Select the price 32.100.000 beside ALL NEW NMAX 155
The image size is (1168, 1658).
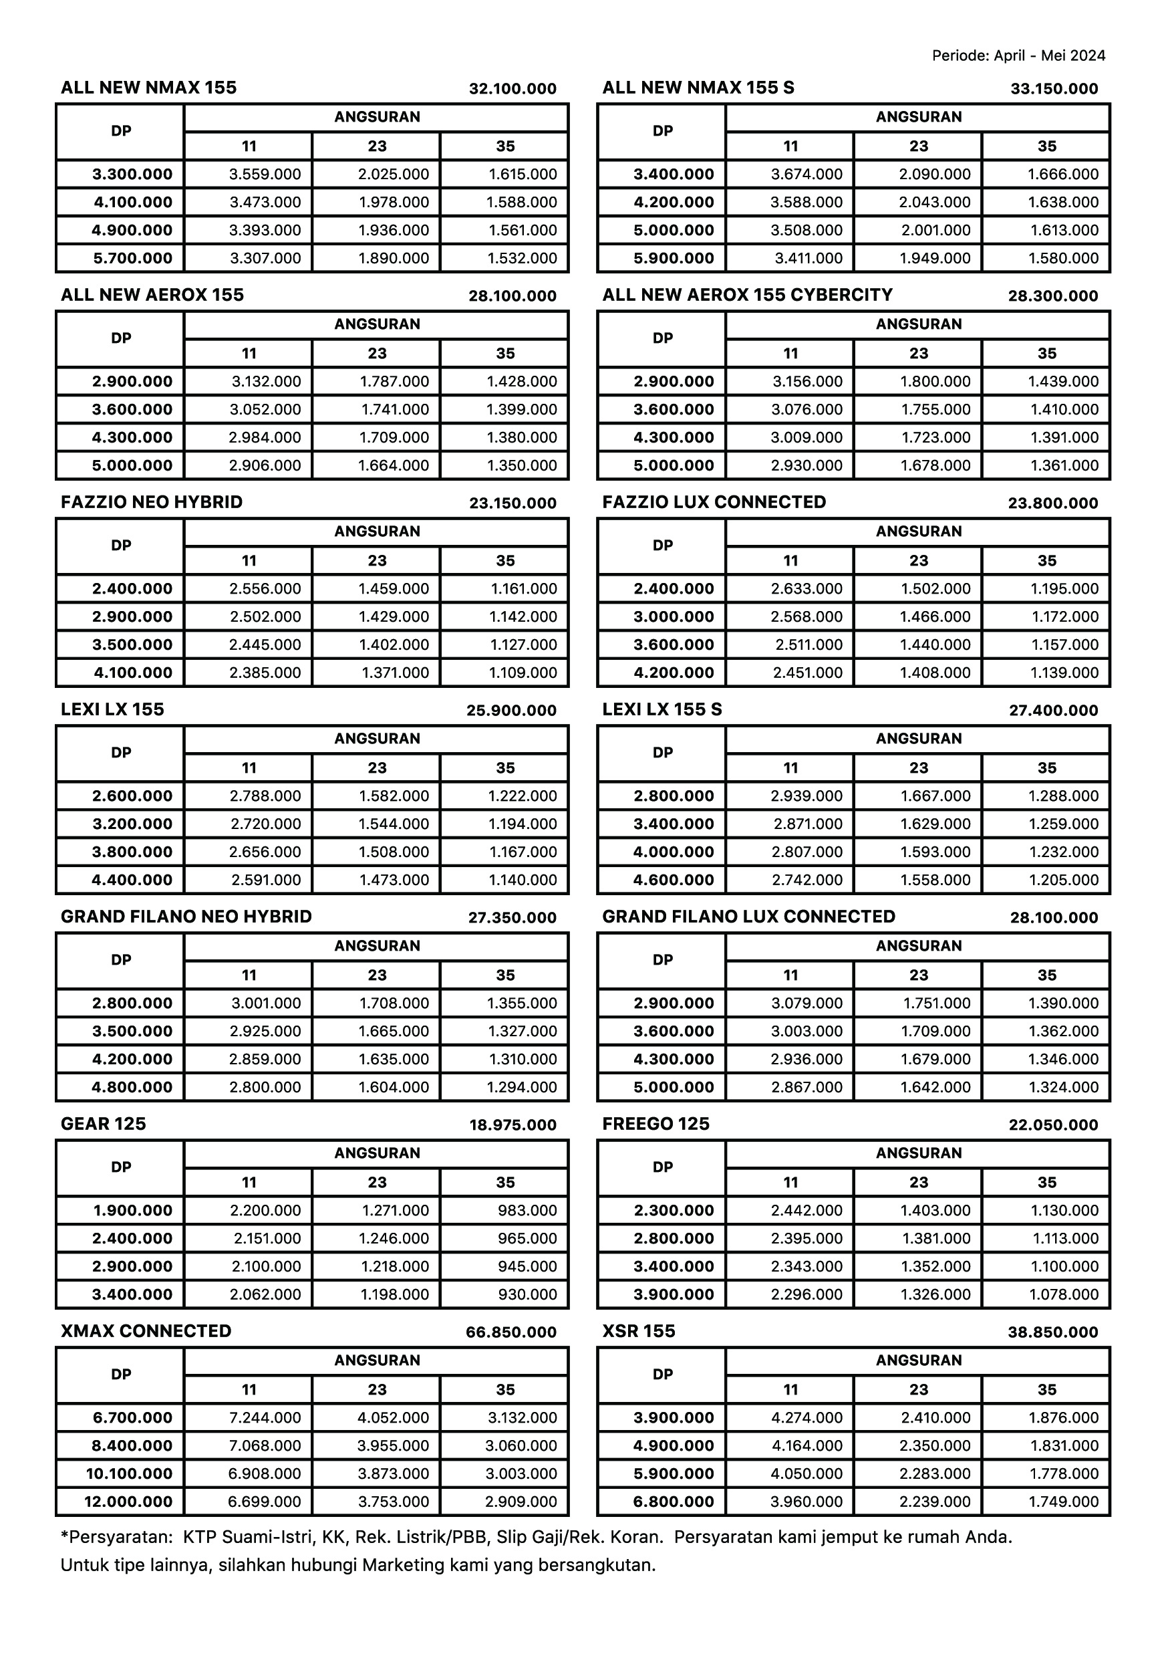tap(513, 89)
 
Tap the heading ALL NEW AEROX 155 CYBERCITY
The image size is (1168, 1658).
tap(747, 295)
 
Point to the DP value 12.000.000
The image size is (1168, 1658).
tap(128, 1502)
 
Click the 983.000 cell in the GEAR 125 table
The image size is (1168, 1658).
tap(527, 1210)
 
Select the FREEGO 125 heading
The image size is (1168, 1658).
tap(655, 1124)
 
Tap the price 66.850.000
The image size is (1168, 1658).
tap(511, 1332)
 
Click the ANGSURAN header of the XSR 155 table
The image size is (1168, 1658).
tap(918, 1360)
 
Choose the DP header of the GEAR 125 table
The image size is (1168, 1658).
tap(120, 1167)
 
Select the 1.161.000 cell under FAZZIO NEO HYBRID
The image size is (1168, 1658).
tap(524, 588)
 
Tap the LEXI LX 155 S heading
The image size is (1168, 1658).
tap(662, 709)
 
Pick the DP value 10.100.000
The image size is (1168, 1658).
tap(128, 1474)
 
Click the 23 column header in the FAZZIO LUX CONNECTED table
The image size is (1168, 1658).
tap(918, 560)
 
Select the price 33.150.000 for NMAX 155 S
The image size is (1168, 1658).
tap(1054, 89)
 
